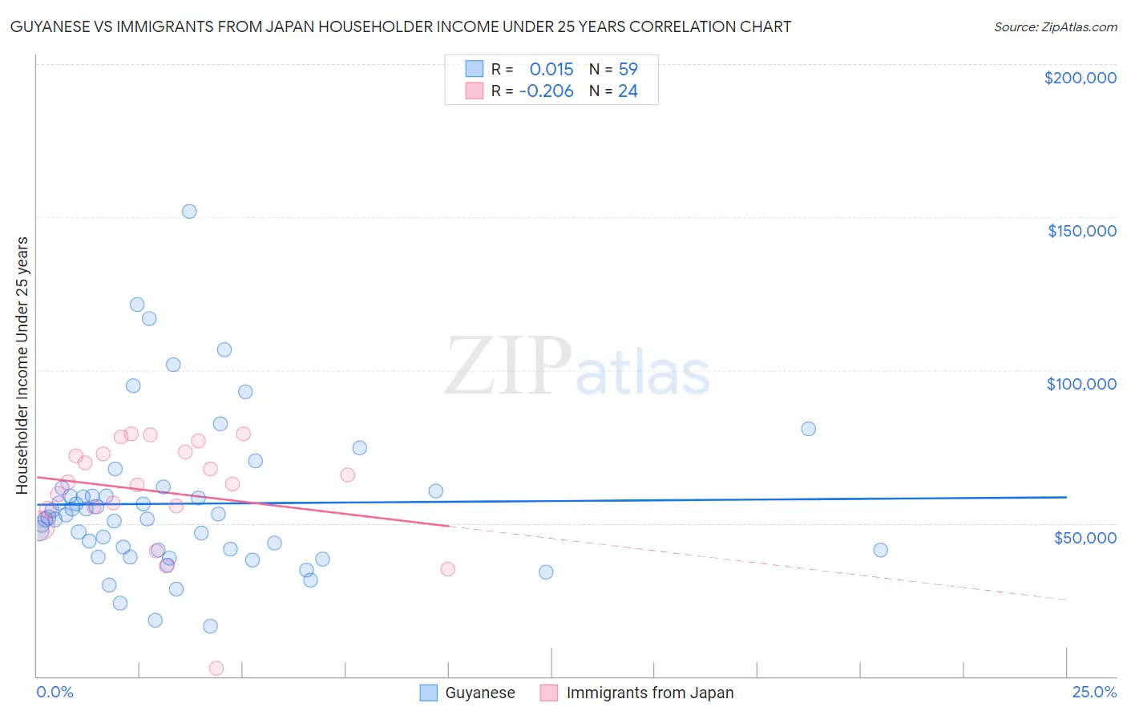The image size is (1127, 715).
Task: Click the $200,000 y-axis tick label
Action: click(x=1080, y=78)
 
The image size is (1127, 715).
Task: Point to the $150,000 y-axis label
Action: click(x=1081, y=231)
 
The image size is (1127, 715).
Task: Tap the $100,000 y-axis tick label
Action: click(x=1081, y=384)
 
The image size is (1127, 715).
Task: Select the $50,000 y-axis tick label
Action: click(x=1085, y=537)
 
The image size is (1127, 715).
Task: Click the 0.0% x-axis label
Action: click(x=55, y=692)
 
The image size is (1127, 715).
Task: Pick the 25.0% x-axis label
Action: click(x=1094, y=692)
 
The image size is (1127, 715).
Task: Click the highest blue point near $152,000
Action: click(x=189, y=212)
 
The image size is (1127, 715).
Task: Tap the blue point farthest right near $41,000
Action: click(x=880, y=550)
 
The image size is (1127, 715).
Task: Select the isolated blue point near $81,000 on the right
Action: click(x=808, y=429)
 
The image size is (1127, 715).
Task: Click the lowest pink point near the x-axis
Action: click(x=216, y=668)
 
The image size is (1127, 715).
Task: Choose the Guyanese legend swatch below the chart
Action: click(x=429, y=693)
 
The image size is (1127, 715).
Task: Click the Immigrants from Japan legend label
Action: click(x=649, y=693)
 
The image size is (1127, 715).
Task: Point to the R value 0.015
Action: click(x=551, y=69)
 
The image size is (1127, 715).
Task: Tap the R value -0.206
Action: click(x=546, y=91)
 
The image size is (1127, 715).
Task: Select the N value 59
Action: click(x=628, y=69)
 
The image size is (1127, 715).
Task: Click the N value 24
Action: click(x=628, y=91)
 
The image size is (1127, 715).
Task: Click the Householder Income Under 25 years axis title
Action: click(x=22, y=365)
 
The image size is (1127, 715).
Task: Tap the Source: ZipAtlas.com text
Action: click(x=1055, y=27)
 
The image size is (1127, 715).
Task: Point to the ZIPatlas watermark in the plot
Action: click(x=577, y=367)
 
